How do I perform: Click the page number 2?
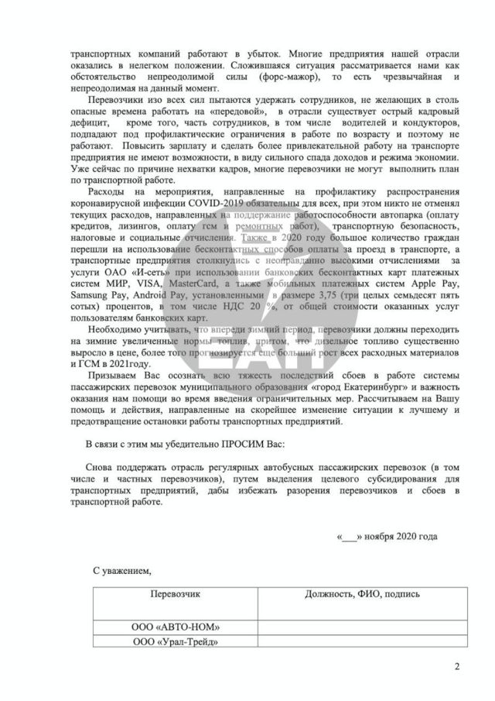(456, 667)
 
